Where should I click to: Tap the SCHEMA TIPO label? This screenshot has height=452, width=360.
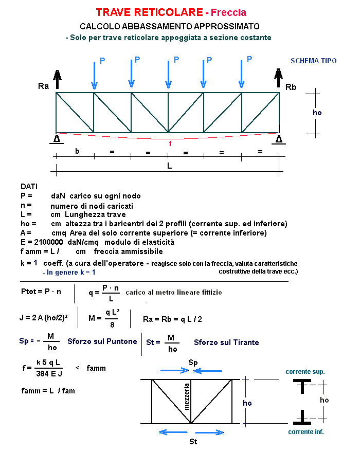click(314, 61)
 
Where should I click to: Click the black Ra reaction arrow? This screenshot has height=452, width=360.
click(57, 80)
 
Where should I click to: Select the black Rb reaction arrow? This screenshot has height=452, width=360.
click(278, 79)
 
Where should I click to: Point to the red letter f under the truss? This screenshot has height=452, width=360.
click(170, 144)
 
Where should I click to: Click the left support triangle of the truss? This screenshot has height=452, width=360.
click(57, 139)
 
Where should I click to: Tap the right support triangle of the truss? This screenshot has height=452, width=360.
click(279, 139)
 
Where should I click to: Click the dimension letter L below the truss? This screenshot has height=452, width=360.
click(169, 166)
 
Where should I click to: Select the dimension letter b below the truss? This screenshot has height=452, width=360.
click(77, 152)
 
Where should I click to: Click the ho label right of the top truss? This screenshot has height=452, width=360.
click(317, 112)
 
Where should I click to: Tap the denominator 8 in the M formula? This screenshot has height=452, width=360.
click(113, 324)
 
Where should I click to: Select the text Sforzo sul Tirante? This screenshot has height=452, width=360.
click(226, 342)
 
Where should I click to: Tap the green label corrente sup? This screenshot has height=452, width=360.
click(305, 371)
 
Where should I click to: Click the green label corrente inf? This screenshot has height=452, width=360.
click(306, 431)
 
